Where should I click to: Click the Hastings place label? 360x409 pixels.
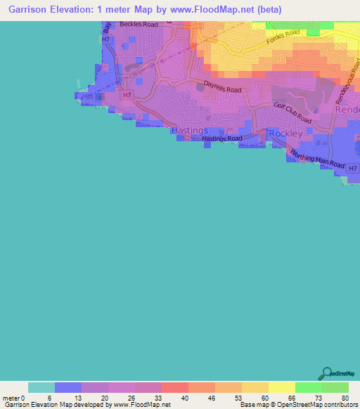189,131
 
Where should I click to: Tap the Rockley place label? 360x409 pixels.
285,134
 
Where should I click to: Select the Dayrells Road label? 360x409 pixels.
222,89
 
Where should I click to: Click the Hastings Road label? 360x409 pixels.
222,139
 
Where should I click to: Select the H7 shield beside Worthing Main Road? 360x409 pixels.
353,168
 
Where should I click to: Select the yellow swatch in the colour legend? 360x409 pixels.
281,387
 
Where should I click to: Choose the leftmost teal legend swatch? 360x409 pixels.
41,387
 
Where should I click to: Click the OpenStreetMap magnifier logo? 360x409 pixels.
326,374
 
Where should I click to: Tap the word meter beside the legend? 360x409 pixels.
11,398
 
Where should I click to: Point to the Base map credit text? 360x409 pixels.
298,405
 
